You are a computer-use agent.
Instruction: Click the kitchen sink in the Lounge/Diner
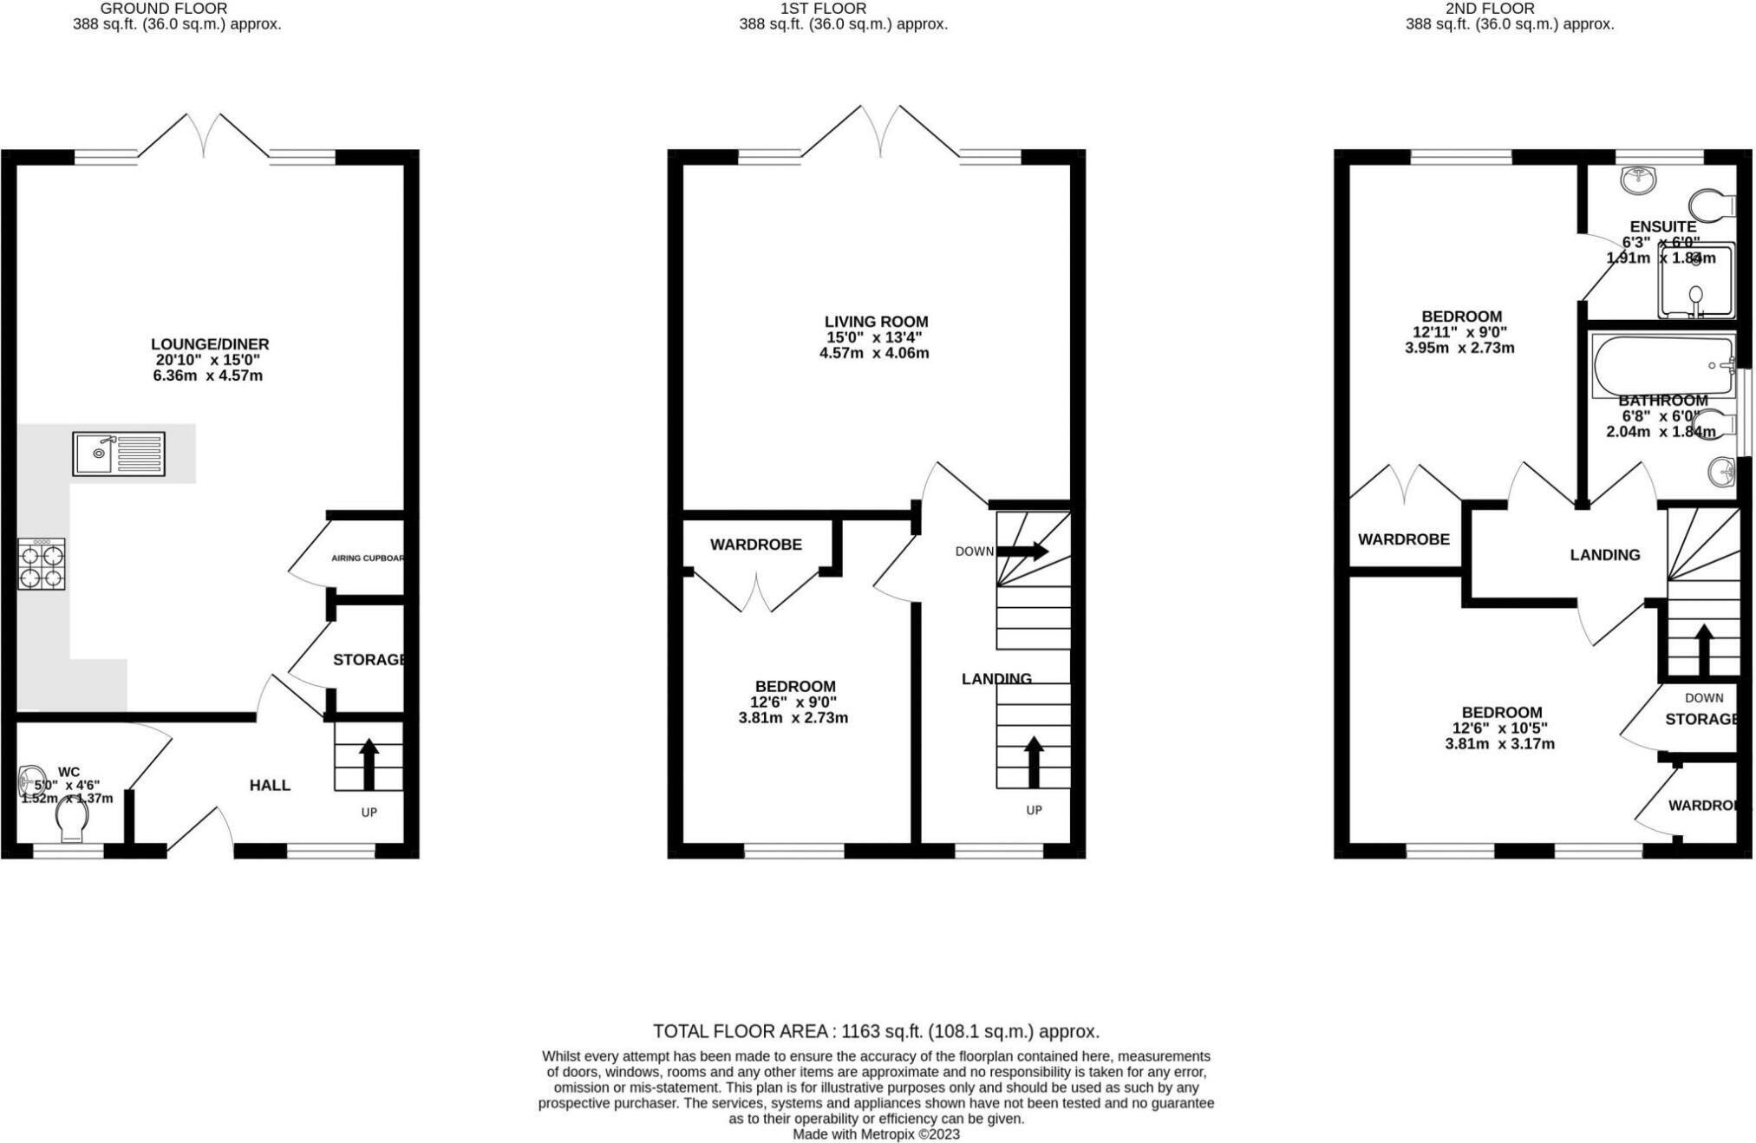pyautogui.click(x=119, y=454)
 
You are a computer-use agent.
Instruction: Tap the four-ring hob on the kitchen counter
pyautogui.click(x=42, y=565)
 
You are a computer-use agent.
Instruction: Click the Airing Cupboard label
pyautogui.click(x=368, y=558)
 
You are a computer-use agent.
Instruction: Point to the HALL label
pyautogui.click(x=270, y=785)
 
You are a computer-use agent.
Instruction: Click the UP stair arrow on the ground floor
pyautogui.click(x=369, y=763)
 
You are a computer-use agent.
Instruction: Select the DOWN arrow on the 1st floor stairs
pyautogui.click(x=1022, y=552)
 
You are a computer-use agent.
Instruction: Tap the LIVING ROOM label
pyautogui.click(x=876, y=322)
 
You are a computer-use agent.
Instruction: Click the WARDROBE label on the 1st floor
pyautogui.click(x=755, y=545)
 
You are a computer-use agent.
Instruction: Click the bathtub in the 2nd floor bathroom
pyautogui.click(x=1661, y=365)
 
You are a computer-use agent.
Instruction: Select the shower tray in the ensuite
pyautogui.click(x=1695, y=281)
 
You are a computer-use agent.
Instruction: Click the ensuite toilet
pyautogui.click(x=1713, y=206)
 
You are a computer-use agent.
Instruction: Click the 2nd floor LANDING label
pyautogui.click(x=1604, y=555)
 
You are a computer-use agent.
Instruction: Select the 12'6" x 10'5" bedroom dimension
pyautogui.click(x=1499, y=728)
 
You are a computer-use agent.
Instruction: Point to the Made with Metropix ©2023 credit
pyautogui.click(x=876, y=1134)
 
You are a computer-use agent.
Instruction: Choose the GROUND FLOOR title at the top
pyautogui.click(x=164, y=9)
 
